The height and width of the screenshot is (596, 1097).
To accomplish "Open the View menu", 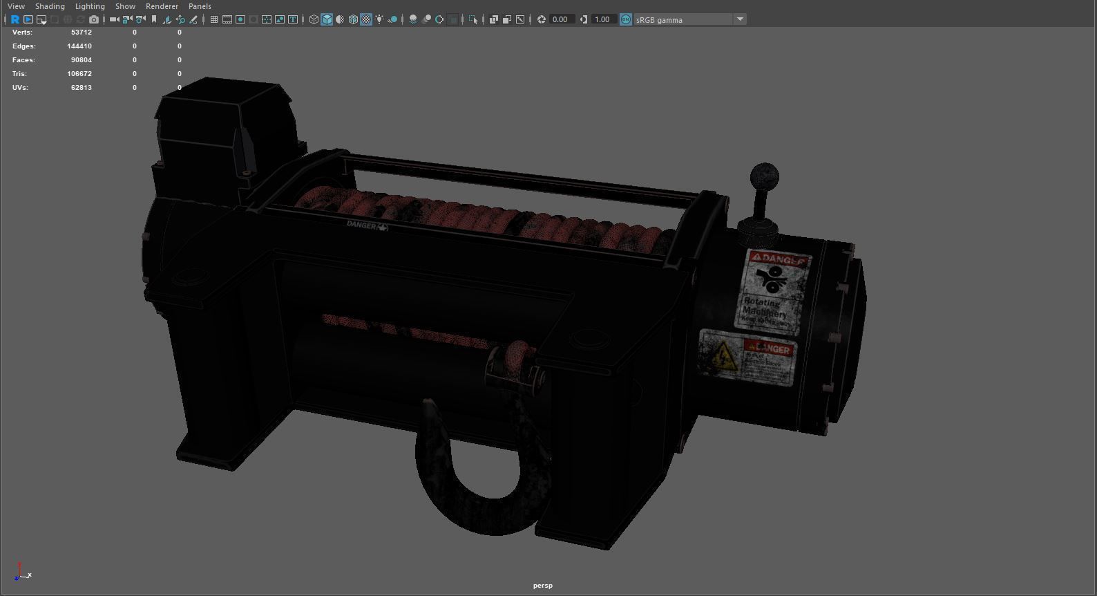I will click(16, 6).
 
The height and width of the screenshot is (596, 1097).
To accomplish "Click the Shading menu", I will click(50, 6).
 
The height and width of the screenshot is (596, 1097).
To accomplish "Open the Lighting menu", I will click(90, 6).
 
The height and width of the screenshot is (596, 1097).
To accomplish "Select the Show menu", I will click(125, 6).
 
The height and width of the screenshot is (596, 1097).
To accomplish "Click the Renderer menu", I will click(162, 6).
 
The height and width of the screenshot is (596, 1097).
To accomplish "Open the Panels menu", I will click(200, 6).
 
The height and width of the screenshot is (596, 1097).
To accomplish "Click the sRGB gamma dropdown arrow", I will click(740, 19).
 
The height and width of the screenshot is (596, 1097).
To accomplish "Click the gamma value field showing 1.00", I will click(602, 19).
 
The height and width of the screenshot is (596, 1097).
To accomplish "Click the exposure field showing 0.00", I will click(560, 19).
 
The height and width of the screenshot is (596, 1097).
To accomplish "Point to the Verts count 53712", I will click(81, 32).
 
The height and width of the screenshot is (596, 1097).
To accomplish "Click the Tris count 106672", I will click(79, 74).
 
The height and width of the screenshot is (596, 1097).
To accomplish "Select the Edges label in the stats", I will click(23, 46).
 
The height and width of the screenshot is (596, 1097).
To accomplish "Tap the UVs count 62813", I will click(81, 88).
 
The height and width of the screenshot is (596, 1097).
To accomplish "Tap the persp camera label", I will click(542, 586).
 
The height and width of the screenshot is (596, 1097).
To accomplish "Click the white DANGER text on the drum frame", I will click(362, 225).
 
